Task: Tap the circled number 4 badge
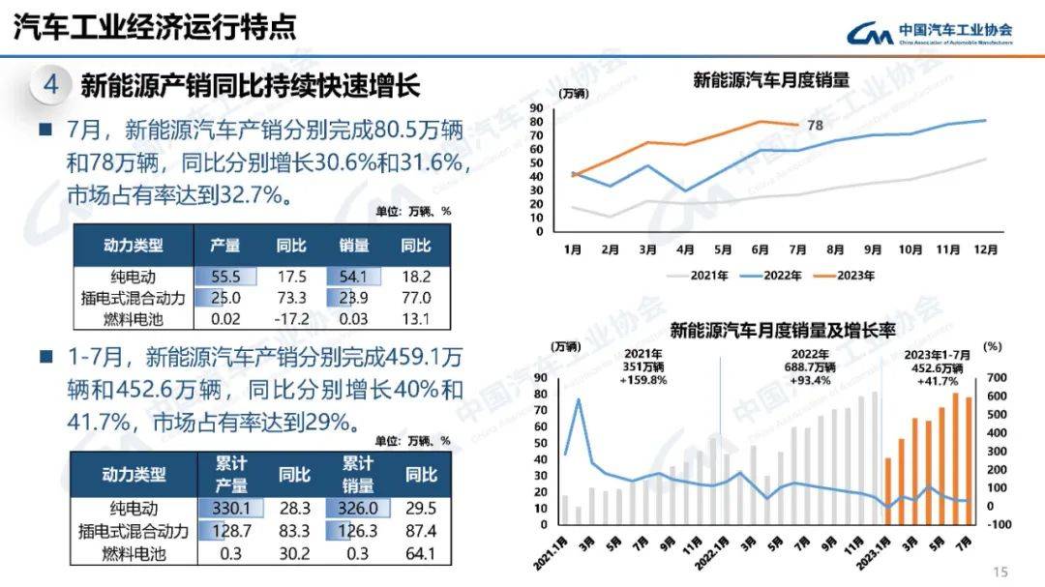(51, 86)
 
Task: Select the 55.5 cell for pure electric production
(224, 277)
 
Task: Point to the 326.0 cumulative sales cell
(357, 509)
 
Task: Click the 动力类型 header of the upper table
(134, 246)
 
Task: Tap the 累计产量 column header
(230, 475)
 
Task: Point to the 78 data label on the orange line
(815, 125)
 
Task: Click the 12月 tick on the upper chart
(985, 249)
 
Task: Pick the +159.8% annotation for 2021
(643, 380)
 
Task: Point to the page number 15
(1000, 571)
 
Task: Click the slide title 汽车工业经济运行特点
(154, 28)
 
